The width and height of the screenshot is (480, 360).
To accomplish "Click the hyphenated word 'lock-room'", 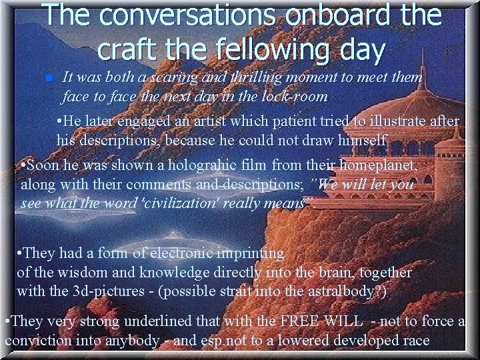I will [295, 97].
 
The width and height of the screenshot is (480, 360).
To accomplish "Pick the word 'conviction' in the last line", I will [37, 340].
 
